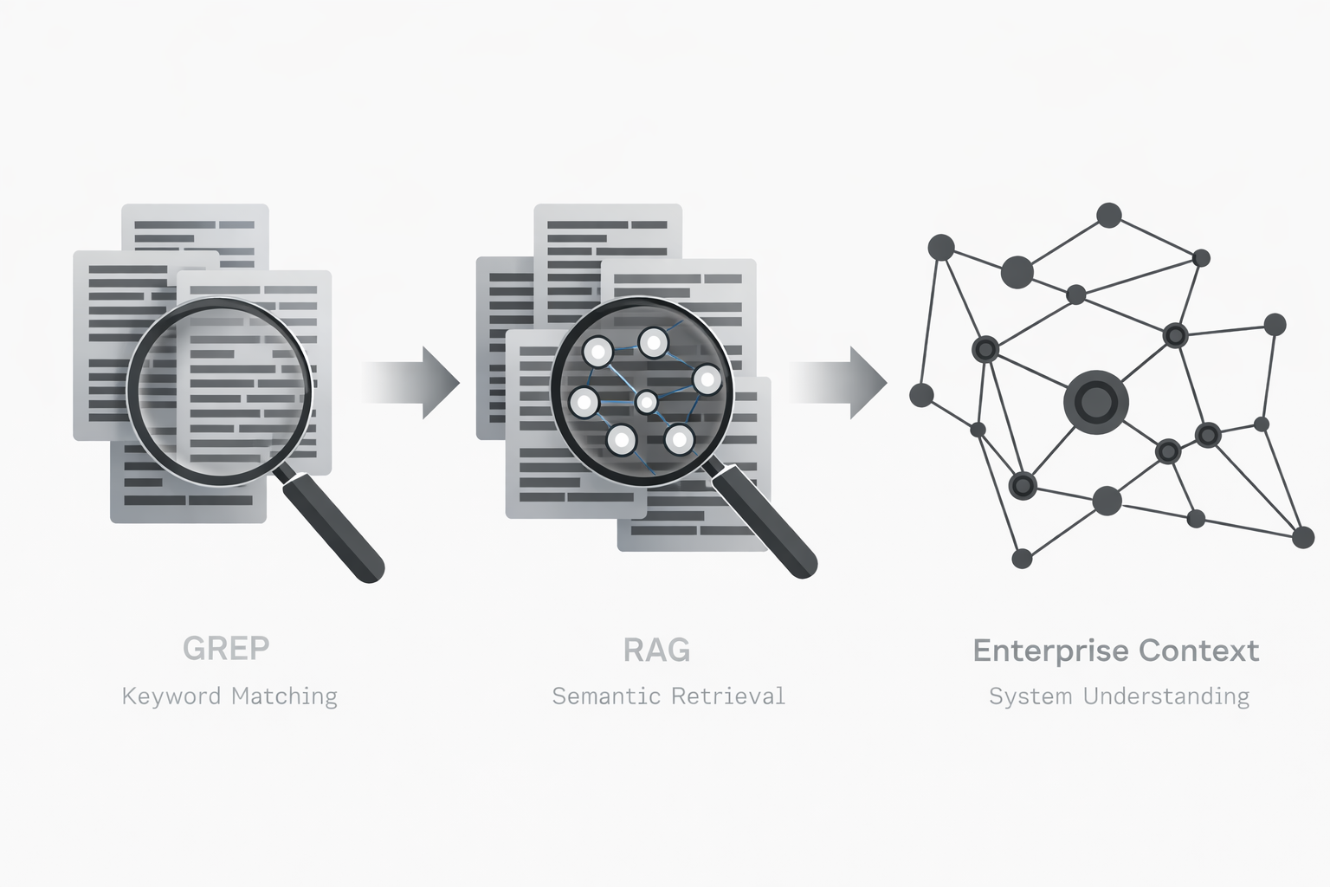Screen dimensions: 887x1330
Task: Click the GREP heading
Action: (226, 648)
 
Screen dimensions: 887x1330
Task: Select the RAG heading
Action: (656, 650)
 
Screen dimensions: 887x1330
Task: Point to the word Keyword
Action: (171, 696)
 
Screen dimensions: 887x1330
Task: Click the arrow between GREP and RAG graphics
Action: (412, 382)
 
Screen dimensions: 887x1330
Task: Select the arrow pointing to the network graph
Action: (838, 382)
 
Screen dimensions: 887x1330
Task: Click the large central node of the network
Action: (1096, 401)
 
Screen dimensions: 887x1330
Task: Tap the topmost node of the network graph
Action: (1108, 215)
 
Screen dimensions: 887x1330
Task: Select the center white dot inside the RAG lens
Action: (646, 402)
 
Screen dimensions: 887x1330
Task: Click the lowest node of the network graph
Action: (1022, 559)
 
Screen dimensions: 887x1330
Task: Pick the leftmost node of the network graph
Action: (921, 396)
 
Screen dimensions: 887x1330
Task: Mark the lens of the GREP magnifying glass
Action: (219, 390)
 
